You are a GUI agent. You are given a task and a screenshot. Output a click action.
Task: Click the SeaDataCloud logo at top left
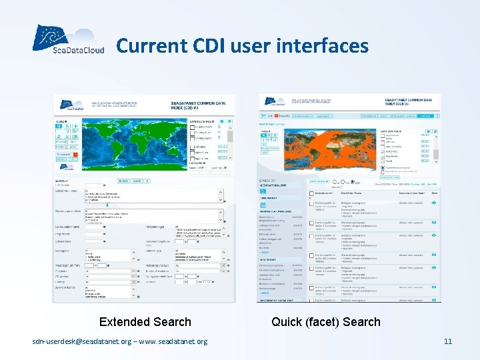click(68, 41)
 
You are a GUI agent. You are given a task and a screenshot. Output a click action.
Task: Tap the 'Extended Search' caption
click(145, 322)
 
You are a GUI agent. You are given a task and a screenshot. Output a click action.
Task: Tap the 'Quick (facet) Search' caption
click(326, 322)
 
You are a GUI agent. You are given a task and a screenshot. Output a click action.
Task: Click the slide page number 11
click(448, 342)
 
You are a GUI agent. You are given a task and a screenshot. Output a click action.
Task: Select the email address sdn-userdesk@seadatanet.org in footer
click(89, 342)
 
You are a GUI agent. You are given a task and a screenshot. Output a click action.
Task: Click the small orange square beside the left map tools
click(77, 155)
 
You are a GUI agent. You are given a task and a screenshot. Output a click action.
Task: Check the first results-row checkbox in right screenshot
click(311, 202)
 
